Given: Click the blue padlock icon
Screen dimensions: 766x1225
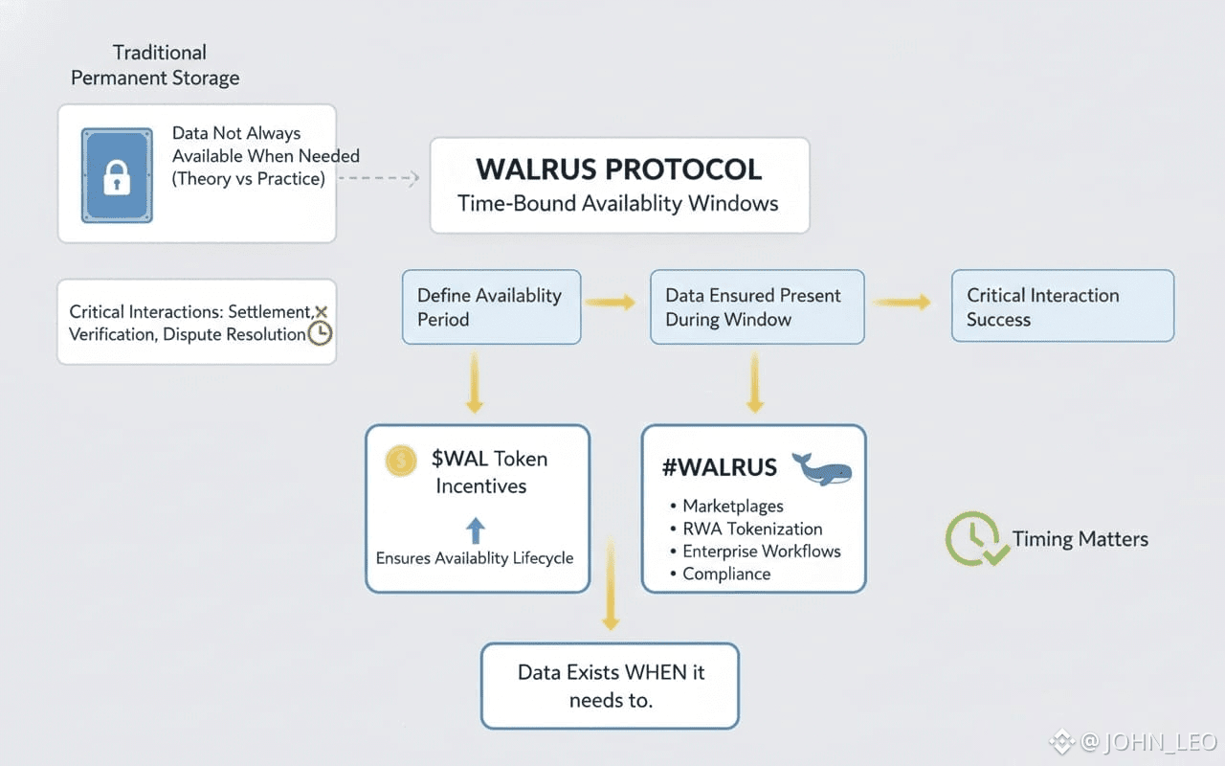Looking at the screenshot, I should click(117, 175).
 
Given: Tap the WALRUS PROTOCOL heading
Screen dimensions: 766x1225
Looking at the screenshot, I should click(618, 169).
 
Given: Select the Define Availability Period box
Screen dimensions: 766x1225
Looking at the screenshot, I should click(491, 306).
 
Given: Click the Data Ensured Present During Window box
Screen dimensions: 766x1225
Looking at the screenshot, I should click(756, 306).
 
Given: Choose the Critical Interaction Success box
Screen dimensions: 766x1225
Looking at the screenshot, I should click(1061, 306).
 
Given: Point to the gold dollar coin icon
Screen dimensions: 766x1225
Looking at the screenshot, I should click(401, 461).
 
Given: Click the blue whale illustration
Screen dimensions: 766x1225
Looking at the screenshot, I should click(822, 468).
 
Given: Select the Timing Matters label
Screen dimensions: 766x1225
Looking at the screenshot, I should click(1080, 539).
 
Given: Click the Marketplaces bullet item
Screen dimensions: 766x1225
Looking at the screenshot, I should click(732, 506).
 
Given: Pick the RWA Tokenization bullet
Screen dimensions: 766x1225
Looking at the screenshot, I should click(751, 529).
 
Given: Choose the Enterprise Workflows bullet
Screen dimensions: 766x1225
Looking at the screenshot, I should click(761, 552).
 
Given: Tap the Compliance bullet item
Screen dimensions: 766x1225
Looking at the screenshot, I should click(725, 574).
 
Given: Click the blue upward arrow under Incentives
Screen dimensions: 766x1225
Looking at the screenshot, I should click(476, 530).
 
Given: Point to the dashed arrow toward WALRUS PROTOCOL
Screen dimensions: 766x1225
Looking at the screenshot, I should click(380, 178).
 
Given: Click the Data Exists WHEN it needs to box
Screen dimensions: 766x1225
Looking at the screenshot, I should click(610, 686).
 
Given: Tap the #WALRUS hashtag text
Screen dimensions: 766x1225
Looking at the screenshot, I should click(719, 468).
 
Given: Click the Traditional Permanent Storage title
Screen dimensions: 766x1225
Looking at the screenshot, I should click(156, 65).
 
